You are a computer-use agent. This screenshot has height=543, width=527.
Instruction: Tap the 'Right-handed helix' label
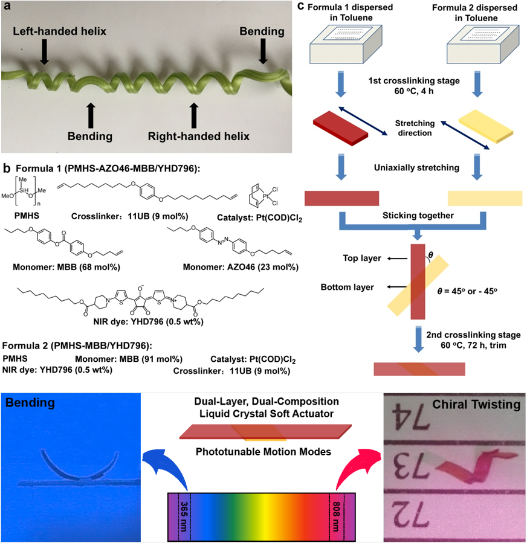pos(199,136)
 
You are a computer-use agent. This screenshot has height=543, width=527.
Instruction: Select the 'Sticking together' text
pos(414,214)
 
